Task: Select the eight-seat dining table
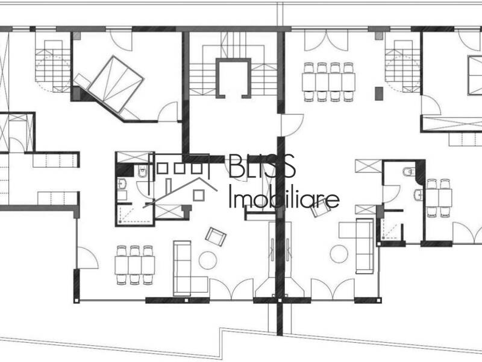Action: pyautogui.click(x=328, y=78)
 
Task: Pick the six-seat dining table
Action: pyautogui.click(x=134, y=264)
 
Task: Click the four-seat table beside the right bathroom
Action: pyautogui.click(x=439, y=197)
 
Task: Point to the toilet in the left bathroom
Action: pyautogui.click(x=142, y=173)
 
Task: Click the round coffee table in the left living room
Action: pyautogui.click(x=207, y=260)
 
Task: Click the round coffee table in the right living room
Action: pyautogui.click(x=339, y=253)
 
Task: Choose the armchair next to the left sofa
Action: pyautogui.click(x=215, y=237)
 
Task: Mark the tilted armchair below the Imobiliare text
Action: pyautogui.click(x=321, y=207)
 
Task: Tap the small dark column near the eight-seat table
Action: pyautogui.click(x=378, y=94)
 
